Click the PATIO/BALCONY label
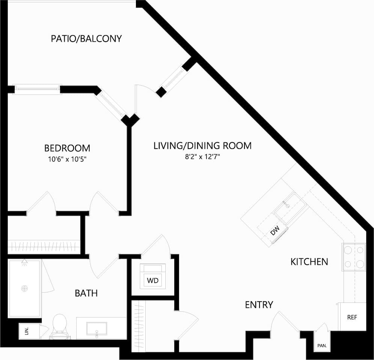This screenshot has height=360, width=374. [x=86, y=39]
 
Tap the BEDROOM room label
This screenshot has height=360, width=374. [x=67, y=148]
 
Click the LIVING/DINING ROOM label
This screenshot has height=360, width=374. [x=202, y=145]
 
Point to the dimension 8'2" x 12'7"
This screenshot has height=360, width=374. [x=202, y=157]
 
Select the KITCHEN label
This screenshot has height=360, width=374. [x=309, y=261]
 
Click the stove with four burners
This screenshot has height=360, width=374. [x=354, y=257]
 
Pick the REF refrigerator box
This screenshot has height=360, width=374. [x=352, y=317]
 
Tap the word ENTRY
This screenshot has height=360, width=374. [x=259, y=305]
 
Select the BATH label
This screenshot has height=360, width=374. [x=86, y=293]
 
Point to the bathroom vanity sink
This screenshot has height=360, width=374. [x=97, y=328]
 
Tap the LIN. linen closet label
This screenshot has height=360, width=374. [x=27, y=331]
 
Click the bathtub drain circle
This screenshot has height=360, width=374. [x=25, y=288]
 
